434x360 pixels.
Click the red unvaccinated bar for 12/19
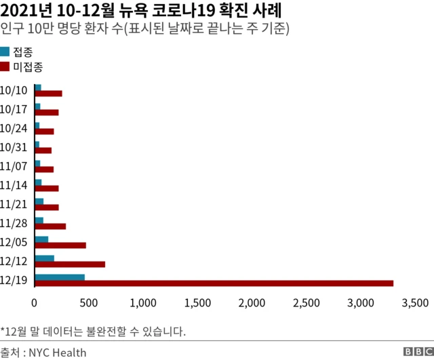(x=214, y=283)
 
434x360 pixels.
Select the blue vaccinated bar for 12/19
(x=60, y=277)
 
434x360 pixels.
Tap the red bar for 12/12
(x=70, y=264)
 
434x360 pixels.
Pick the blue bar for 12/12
(x=44, y=258)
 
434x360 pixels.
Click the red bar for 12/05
(x=60, y=245)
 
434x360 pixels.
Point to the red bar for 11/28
(x=50, y=226)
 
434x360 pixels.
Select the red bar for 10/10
(x=48, y=94)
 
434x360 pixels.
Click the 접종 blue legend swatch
(x=5, y=52)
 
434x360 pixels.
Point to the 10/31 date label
(x=14, y=147)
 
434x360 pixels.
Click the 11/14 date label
(x=14, y=184)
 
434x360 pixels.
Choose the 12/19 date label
(x=14, y=280)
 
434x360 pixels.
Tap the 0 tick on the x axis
(x=35, y=302)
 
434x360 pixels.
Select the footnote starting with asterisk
(x=93, y=332)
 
